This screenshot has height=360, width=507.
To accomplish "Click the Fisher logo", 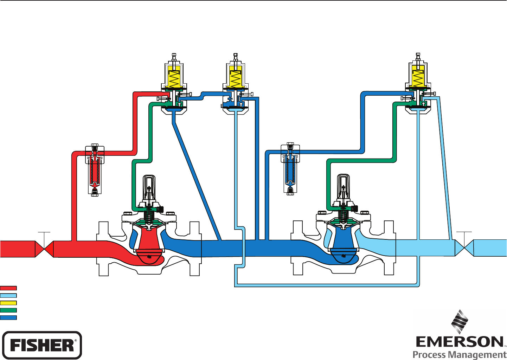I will [42, 345].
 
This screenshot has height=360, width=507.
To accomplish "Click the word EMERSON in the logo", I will [460, 342].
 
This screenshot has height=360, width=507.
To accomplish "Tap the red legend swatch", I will [8, 288].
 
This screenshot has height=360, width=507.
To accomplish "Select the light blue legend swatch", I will [8, 296].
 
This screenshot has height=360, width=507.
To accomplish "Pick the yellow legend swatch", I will [8, 303].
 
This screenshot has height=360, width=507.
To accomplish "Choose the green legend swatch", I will [8, 310].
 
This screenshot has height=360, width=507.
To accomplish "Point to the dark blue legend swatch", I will [8, 317].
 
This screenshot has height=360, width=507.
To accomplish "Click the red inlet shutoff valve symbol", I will [44, 249].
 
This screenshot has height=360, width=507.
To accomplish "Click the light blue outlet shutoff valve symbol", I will [464, 248].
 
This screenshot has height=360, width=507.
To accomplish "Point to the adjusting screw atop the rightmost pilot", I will [418, 57].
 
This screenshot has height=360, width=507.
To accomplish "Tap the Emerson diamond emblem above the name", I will [460, 322].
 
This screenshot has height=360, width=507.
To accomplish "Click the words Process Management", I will [460, 354].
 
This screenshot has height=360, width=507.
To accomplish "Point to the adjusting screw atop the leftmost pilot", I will [174, 57].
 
